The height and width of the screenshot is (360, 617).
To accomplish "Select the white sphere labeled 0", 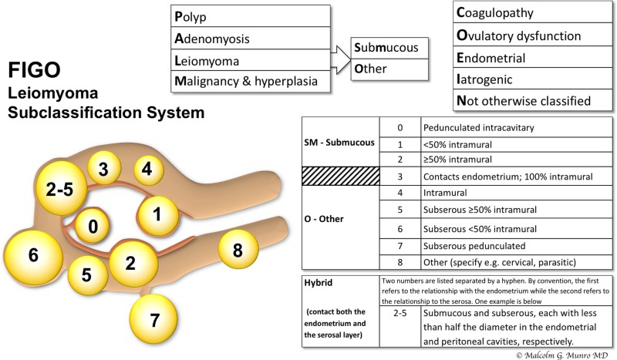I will [93, 227].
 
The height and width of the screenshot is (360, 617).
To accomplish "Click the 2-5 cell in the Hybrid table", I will [400, 314].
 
